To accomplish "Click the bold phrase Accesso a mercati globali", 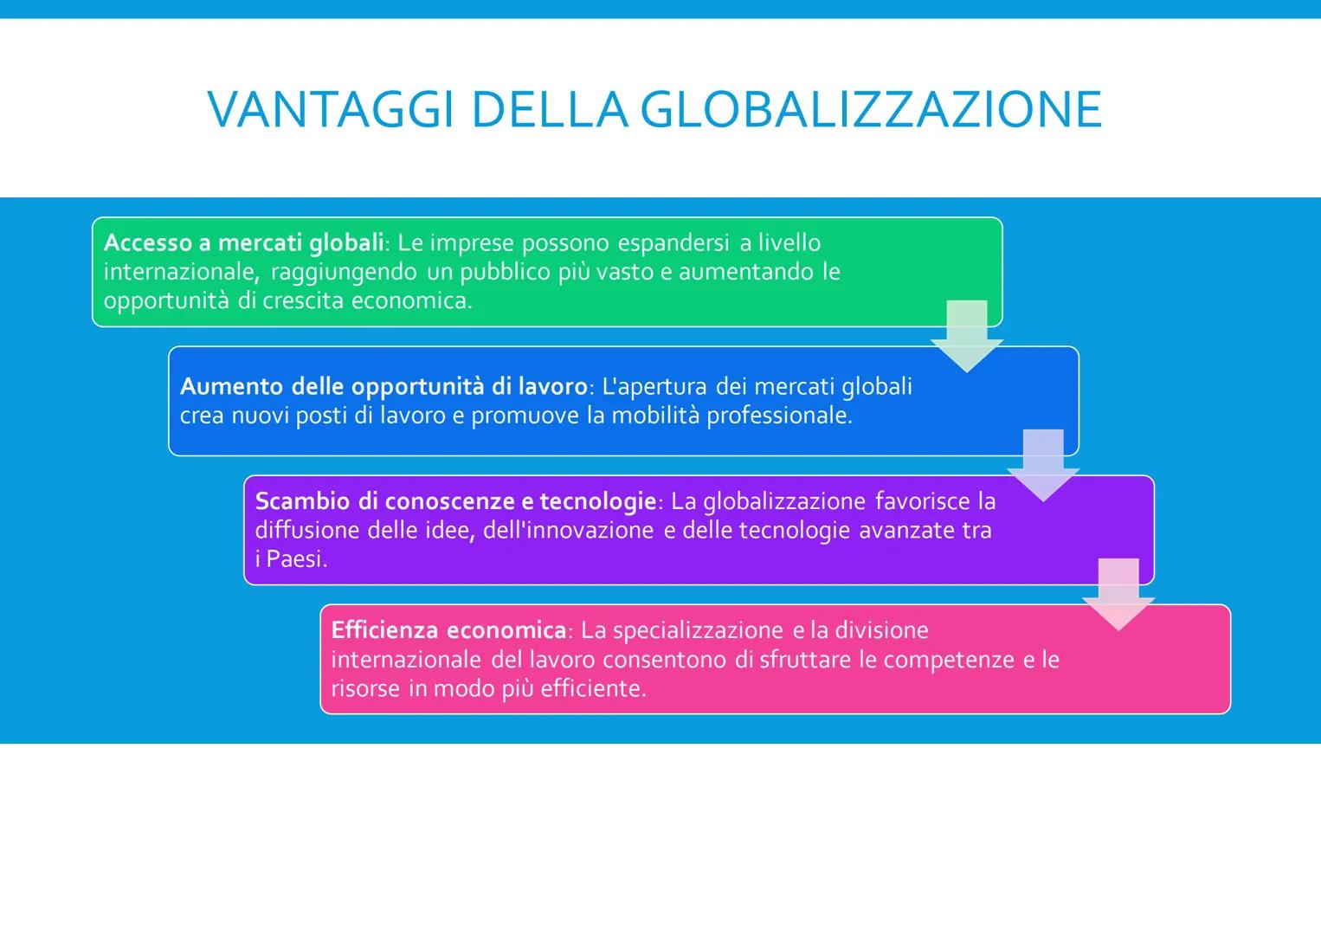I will (x=243, y=243).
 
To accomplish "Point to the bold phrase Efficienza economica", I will (x=448, y=630).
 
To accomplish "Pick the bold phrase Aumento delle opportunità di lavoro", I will (x=383, y=386).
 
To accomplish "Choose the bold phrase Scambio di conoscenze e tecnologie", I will (x=455, y=501).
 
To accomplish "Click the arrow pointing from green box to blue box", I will (x=967, y=336).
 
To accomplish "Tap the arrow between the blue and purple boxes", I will (x=1043, y=465).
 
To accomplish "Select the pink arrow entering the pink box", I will (x=1118, y=594).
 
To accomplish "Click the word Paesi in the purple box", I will (x=295, y=559).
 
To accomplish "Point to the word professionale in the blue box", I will (x=778, y=416).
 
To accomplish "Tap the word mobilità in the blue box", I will (x=655, y=416).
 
